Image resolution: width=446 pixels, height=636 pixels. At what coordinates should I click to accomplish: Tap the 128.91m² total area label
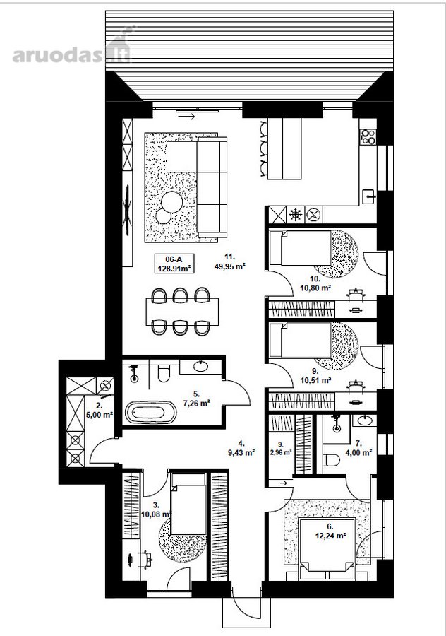(x=174, y=269)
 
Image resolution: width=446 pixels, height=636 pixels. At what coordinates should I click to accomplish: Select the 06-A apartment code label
(x=174, y=259)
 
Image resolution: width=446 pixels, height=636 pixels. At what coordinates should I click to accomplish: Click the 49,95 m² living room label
(x=230, y=266)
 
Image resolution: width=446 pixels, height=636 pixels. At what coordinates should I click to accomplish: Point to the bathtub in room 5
(x=151, y=413)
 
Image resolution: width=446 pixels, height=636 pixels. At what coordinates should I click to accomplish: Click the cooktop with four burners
(x=368, y=136)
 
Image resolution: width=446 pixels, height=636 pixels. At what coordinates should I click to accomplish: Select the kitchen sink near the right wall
(x=369, y=196)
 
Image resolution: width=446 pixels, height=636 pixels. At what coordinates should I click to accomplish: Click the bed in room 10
(x=301, y=248)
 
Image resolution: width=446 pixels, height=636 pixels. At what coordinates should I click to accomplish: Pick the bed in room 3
(x=188, y=503)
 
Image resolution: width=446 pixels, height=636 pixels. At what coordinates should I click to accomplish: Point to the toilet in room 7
(x=332, y=460)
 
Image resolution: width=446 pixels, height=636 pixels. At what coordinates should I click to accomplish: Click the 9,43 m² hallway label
(x=241, y=452)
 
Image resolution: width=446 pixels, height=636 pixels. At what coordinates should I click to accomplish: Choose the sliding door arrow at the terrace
(x=186, y=117)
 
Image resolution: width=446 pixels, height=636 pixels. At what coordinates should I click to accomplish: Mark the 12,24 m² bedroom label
(x=330, y=536)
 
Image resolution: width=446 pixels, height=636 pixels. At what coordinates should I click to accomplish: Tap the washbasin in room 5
(x=200, y=366)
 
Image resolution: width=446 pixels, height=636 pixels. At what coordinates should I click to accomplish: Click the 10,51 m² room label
(x=316, y=380)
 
